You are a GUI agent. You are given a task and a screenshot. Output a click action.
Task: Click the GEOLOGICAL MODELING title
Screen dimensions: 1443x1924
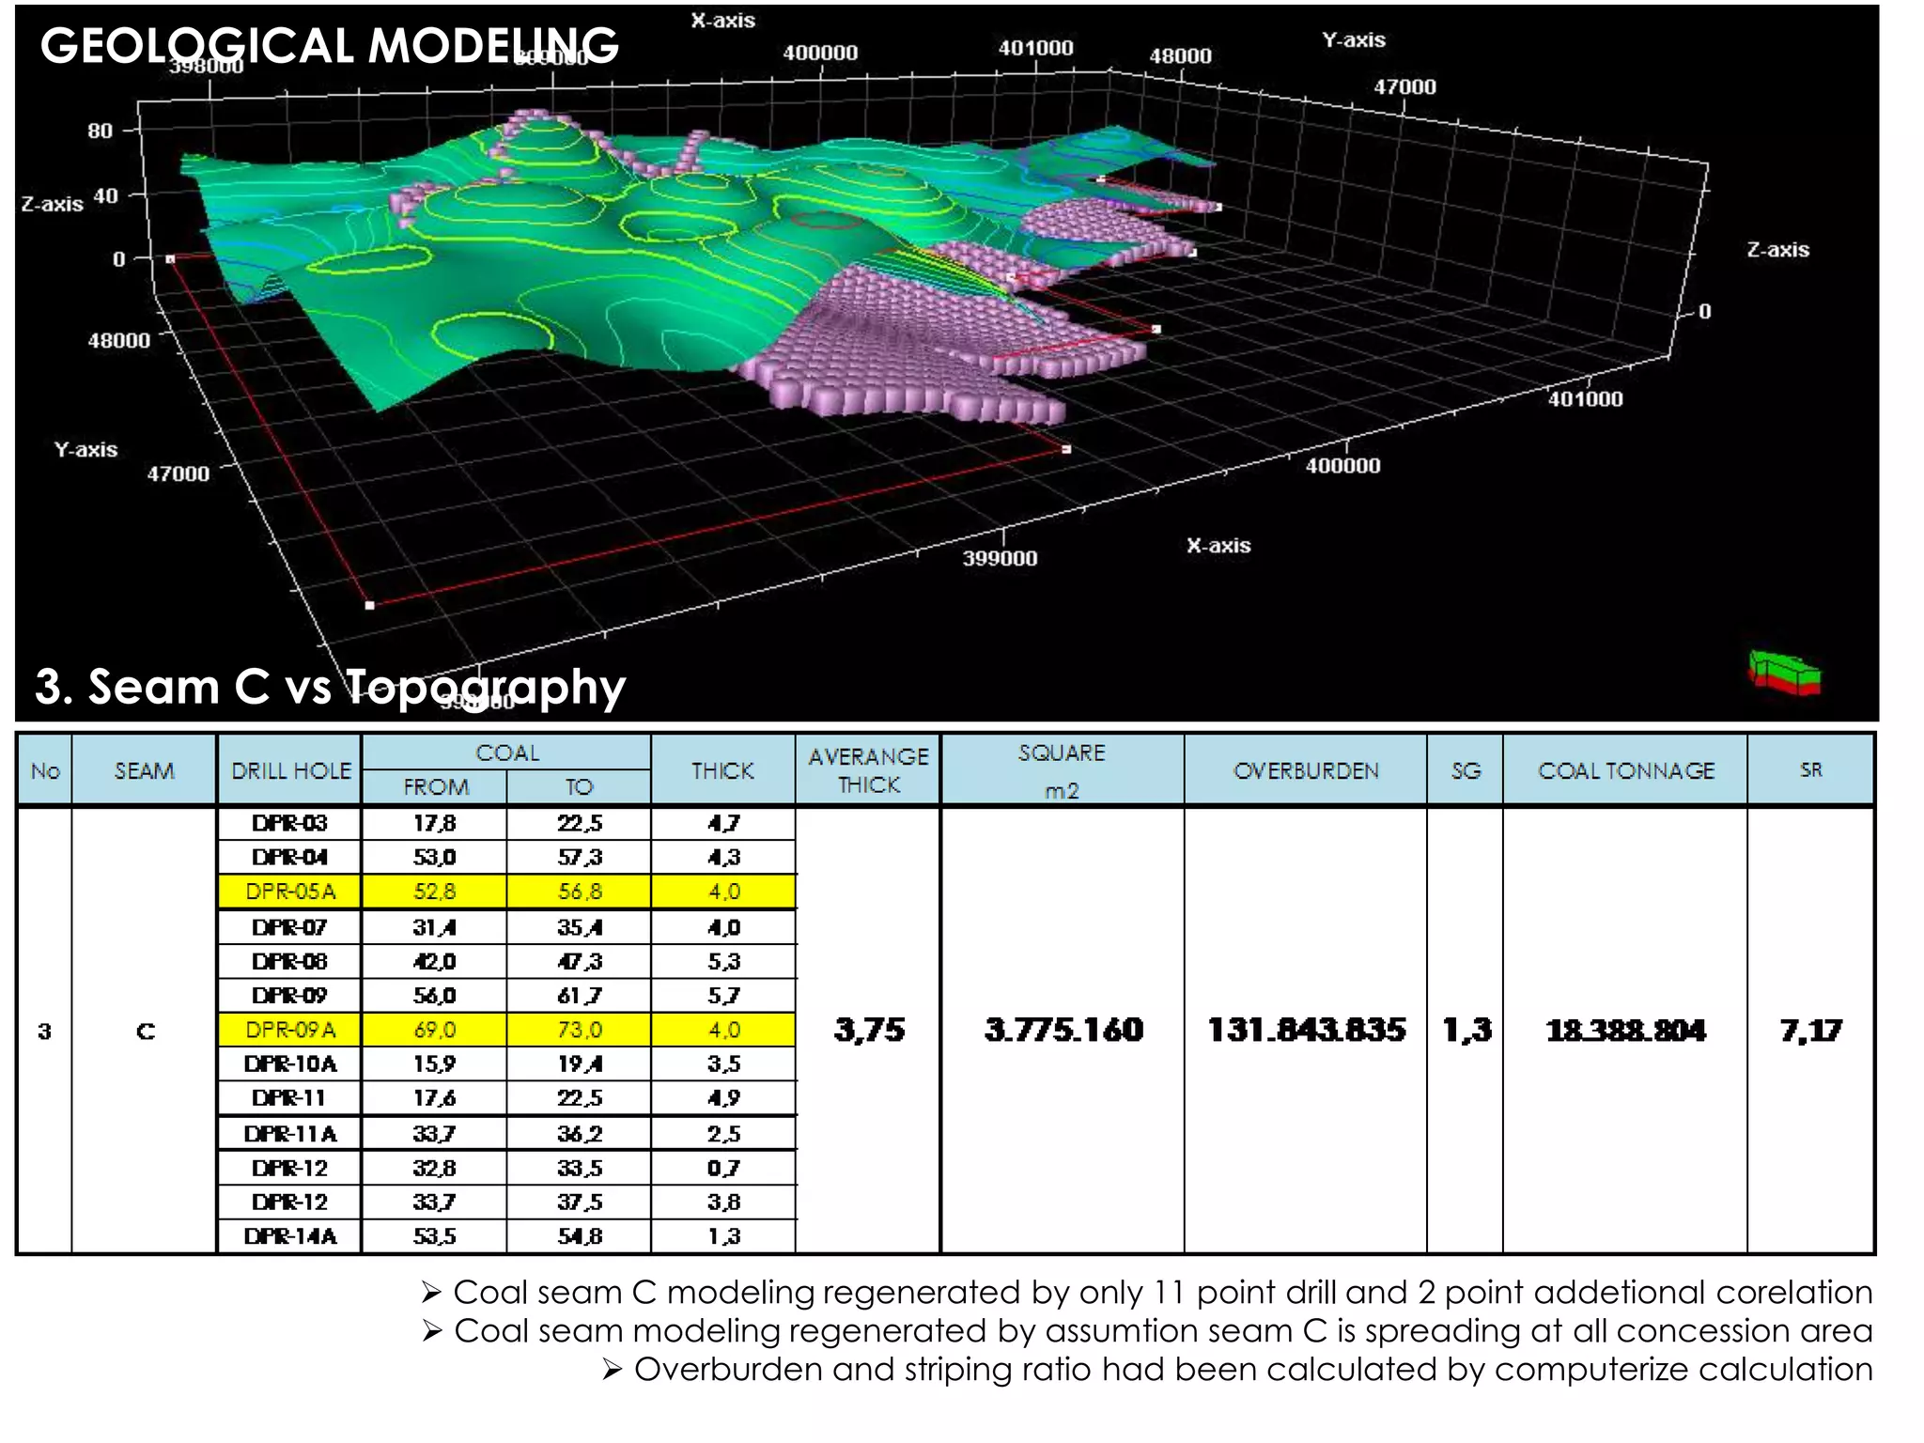(329, 45)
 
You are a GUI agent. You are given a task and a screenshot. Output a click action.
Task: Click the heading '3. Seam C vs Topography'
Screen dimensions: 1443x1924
(329, 687)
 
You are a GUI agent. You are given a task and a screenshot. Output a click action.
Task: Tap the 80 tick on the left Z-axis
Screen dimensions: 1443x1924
(101, 131)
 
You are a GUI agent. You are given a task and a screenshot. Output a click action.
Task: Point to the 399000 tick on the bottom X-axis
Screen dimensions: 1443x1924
(1000, 558)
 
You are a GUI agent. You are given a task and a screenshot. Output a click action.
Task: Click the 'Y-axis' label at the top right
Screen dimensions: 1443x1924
(1353, 40)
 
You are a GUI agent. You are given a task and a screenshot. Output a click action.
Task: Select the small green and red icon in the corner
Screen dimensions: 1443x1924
(1784, 674)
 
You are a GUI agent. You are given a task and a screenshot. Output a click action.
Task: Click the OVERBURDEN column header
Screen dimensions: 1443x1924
(1306, 771)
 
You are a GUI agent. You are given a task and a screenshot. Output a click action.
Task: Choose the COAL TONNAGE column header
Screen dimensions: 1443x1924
(1625, 771)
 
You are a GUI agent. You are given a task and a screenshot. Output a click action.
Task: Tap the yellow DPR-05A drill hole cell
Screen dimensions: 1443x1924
(290, 892)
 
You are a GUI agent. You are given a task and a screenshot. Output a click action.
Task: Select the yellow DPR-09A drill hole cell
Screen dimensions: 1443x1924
(290, 1030)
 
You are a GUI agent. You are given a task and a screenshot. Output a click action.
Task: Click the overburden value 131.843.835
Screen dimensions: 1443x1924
(1306, 1031)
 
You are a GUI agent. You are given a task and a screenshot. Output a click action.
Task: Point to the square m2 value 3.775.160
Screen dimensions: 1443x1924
(1063, 1031)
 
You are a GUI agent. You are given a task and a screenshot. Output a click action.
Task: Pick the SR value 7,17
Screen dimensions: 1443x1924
(1810, 1031)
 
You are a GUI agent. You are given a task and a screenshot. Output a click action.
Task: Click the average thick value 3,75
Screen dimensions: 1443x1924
(869, 1031)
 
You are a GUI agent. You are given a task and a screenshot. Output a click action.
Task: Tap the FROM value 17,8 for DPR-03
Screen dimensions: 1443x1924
(435, 824)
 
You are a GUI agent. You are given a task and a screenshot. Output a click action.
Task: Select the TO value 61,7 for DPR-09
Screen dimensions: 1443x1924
(580, 996)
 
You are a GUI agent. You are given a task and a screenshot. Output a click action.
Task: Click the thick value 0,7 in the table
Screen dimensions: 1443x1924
(723, 1169)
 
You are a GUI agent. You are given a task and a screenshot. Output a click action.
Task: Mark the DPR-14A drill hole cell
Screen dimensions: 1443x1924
(290, 1236)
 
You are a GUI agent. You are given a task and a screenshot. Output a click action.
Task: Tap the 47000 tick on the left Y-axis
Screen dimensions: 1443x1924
(178, 473)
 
